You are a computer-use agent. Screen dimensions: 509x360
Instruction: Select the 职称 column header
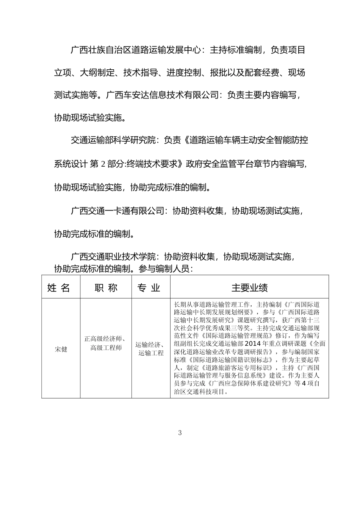106,288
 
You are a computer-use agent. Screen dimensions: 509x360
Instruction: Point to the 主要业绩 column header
249,288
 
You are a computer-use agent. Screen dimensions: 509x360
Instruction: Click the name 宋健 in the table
61,349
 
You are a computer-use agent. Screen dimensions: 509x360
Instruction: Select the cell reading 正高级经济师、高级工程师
106,343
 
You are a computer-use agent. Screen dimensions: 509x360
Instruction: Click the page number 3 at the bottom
180,433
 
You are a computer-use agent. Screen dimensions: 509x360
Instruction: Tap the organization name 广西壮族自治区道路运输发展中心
135,50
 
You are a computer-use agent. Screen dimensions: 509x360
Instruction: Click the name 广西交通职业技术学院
113,257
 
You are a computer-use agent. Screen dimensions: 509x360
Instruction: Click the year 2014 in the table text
254,344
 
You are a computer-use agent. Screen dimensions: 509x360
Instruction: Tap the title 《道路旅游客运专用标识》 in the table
237,368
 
